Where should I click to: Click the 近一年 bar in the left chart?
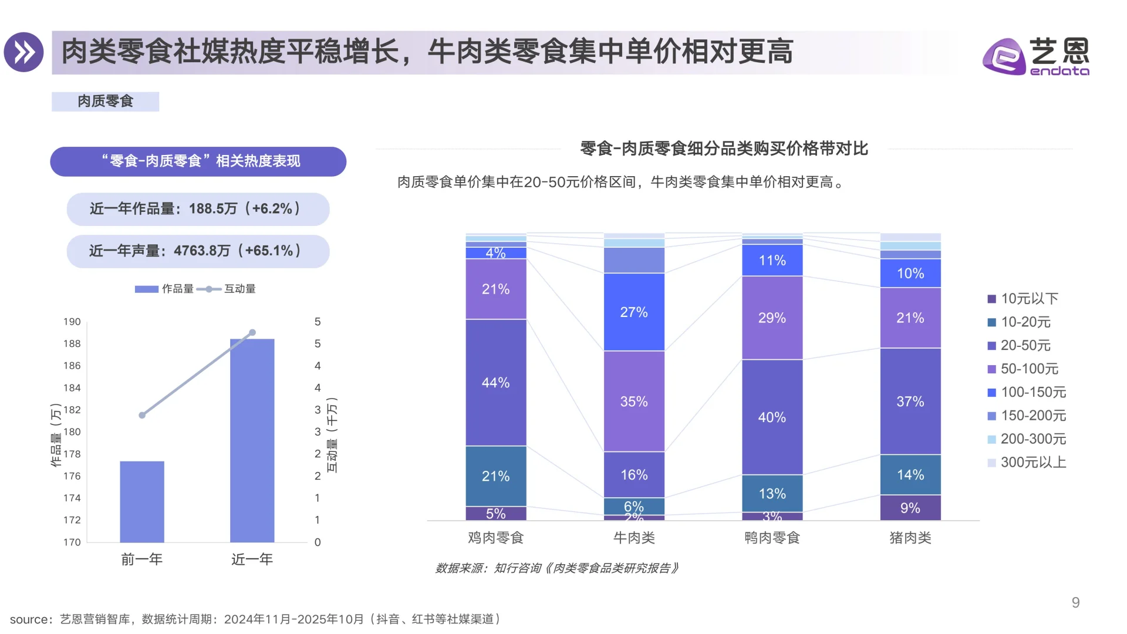click(252, 440)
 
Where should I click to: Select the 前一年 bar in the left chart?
click(142, 501)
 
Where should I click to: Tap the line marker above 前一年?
click(142, 415)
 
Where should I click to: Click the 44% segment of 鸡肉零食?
click(496, 382)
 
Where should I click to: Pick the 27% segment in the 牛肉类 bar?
click(634, 312)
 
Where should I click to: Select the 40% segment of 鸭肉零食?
click(772, 417)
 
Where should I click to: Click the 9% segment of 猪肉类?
click(910, 508)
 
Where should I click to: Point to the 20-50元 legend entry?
click(1025, 345)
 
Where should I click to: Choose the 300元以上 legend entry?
click(1032, 462)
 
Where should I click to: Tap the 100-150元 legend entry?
click(1032, 392)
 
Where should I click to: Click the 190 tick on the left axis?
click(72, 322)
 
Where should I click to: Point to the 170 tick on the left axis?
click(72, 542)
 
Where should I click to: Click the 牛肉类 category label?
click(634, 537)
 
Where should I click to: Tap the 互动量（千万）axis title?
click(332, 435)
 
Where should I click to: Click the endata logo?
click(1035, 56)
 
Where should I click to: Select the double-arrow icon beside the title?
click(24, 52)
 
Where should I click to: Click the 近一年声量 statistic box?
click(198, 251)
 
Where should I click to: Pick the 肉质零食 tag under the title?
click(106, 102)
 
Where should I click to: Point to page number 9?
click(1075, 602)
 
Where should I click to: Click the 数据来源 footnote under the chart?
click(556, 568)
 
